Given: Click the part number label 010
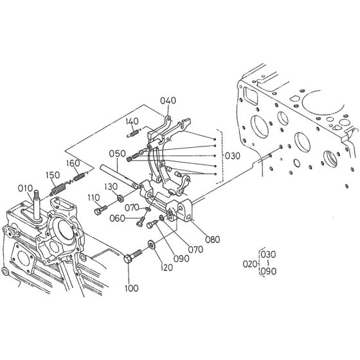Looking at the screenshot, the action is click(x=25, y=188).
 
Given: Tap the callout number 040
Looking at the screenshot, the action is click(x=168, y=100).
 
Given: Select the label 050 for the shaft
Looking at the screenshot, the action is click(x=117, y=154).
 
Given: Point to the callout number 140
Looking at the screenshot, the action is click(x=132, y=122).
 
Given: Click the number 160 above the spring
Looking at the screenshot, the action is click(x=73, y=163).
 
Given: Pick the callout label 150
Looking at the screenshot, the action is click(x=53, y=175).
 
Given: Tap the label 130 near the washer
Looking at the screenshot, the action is click(x=111, y=186).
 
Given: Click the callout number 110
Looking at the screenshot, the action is click(x=94, y=197).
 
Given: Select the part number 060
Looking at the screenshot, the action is click(x=117, y=218).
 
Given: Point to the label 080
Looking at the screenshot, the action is click(x=213, y=239).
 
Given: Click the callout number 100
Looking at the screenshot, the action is click(x=132, y=288).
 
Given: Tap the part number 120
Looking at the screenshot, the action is click(x=167, y=267).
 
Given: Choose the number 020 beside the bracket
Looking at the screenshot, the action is click(x=250, y=264).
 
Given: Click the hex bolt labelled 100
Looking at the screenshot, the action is click(x=133, y=256).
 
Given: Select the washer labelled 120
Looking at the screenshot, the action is click(x=152, y=244).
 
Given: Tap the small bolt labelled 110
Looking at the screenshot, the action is click(x=100, y=210).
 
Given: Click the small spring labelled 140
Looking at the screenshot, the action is click(x=134, y=133).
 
